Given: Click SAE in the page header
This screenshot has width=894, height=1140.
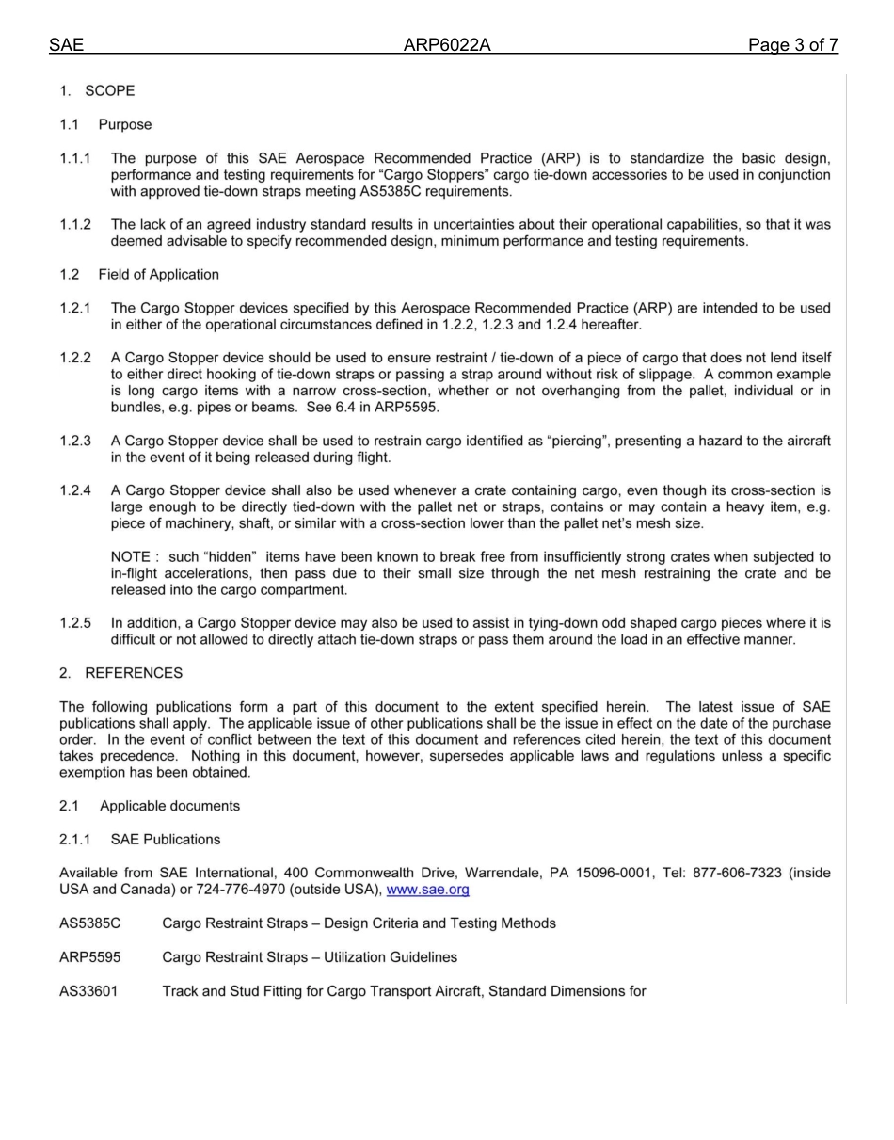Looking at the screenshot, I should point(66,45).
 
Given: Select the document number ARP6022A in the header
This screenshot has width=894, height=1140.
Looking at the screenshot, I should point(447,45).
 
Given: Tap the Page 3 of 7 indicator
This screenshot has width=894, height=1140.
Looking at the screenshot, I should point(792,45).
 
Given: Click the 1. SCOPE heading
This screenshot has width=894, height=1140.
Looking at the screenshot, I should point(97,91).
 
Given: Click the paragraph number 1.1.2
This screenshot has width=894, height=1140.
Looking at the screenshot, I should point(75,225).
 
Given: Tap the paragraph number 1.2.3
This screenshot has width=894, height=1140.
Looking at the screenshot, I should point(75,442).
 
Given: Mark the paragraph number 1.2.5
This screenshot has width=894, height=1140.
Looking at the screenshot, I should point(75,623).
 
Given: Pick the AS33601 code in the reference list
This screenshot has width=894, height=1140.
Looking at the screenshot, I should point(88,991).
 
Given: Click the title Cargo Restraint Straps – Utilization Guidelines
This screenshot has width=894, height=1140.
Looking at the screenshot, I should point(310,957).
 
